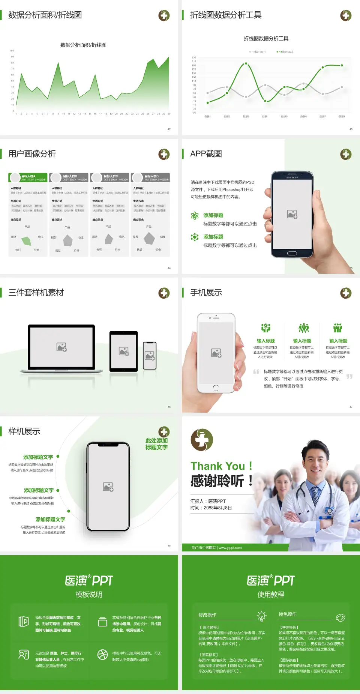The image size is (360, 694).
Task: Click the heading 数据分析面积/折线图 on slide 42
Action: coord(45,15)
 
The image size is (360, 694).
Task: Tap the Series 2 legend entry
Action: coord(285,52)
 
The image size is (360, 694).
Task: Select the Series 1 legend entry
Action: coord(258,52)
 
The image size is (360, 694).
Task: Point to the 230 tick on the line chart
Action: coord(194,57)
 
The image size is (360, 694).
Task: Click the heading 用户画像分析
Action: coord(32,154)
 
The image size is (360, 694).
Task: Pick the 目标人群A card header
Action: coord(28,177)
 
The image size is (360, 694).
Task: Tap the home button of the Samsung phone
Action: coord(292,254)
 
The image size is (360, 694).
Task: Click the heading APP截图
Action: coord(206,154)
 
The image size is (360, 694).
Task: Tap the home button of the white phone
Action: coord(216,387)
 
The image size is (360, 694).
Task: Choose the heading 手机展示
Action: coord(206,293)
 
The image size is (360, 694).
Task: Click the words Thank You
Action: coord(217,466)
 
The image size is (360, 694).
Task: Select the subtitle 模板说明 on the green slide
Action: coord(89,595)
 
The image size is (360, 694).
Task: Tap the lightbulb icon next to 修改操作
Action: coord(261,616)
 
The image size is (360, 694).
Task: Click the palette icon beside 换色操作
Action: coord(340,617)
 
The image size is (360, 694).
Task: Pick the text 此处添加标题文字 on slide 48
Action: coord(156,444)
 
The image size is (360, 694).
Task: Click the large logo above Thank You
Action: coord(202,440)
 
